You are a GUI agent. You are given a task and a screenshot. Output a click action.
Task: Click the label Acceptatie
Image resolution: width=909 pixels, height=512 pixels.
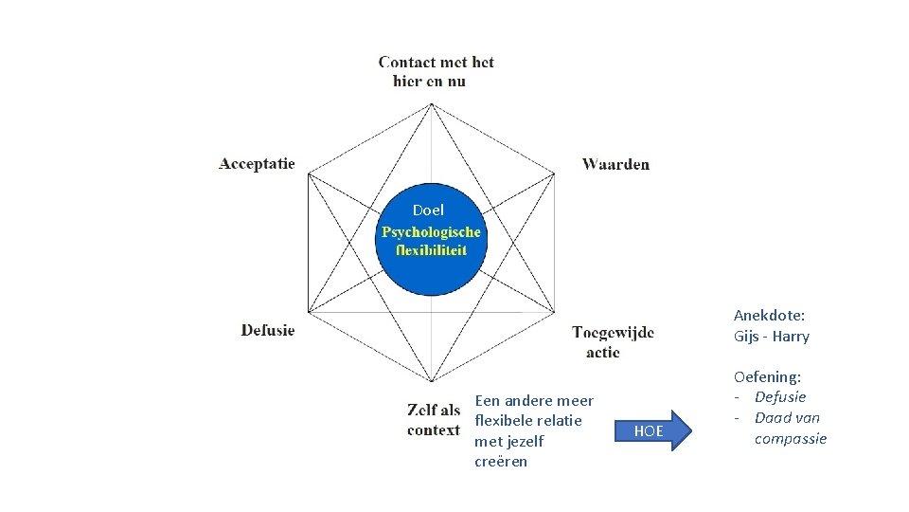257,163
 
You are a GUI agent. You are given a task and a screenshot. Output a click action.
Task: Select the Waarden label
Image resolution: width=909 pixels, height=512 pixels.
615,164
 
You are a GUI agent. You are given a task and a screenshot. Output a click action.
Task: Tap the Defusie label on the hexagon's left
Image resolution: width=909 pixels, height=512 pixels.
268,330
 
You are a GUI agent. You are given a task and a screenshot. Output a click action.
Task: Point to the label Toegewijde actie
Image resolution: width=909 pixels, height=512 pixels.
612,341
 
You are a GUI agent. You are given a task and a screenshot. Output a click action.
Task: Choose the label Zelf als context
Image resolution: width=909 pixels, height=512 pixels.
434,419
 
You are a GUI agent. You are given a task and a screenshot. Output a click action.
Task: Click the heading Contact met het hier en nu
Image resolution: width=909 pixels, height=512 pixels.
436,71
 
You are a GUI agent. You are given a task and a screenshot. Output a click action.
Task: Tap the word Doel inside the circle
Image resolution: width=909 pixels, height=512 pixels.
428,210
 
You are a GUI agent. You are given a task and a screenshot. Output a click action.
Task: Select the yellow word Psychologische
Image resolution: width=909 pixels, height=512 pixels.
431,232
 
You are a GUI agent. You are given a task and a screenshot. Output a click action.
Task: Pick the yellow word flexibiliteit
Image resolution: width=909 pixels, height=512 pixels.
431,250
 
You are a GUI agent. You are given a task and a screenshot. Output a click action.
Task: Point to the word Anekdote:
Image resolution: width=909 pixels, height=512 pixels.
769,316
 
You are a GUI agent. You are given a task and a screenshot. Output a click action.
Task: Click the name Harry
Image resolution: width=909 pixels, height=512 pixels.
791,337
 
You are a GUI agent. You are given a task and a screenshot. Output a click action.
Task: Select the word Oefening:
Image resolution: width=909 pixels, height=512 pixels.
767,376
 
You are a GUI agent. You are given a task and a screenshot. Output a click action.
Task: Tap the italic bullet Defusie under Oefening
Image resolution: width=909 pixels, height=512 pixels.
780,396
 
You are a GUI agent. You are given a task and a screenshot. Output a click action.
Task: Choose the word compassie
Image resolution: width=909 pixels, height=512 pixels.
791,438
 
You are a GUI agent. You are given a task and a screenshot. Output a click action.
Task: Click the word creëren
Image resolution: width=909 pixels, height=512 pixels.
501,462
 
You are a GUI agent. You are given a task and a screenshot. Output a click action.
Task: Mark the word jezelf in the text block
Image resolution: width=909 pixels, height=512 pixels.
522,441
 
